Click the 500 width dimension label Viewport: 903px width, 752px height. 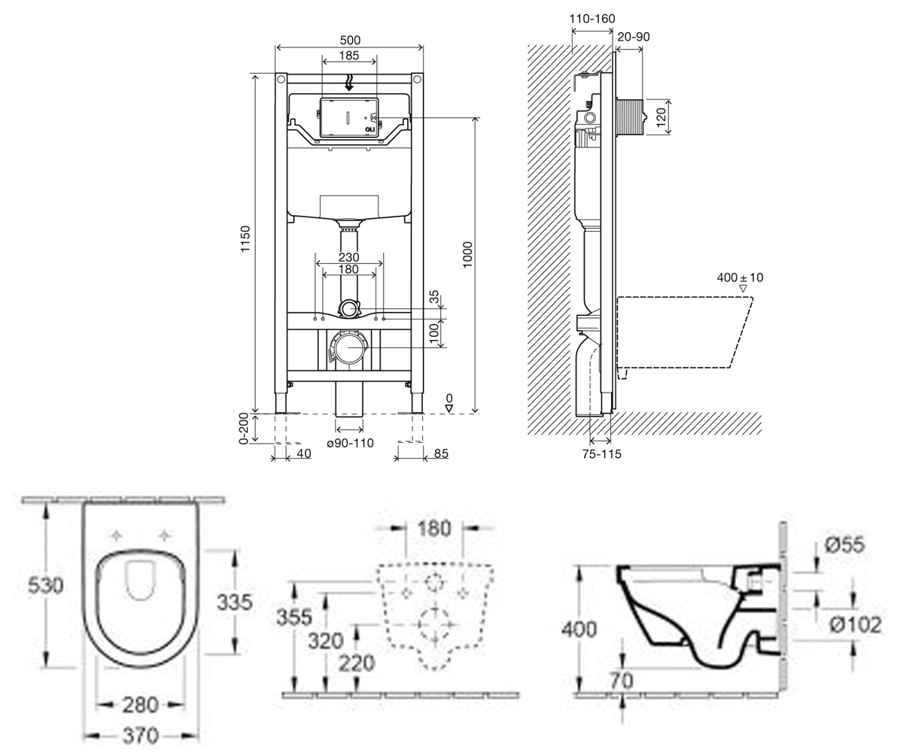[x=350, y=40]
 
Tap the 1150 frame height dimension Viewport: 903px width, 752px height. [x=245, y=238]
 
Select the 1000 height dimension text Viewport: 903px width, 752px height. [x=467, y=255]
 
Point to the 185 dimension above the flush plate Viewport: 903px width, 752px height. [x=349, y=56]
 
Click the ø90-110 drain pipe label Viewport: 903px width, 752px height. [x=350, y=443]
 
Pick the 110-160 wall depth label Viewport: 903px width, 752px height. [x=592, y=19]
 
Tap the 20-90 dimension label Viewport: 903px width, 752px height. [x=634, y=37]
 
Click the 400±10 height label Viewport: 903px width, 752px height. [x=740, y=277]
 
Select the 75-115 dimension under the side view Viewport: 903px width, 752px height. [x=601, y=453]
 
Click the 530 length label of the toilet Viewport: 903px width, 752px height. [x=45, y=586]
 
